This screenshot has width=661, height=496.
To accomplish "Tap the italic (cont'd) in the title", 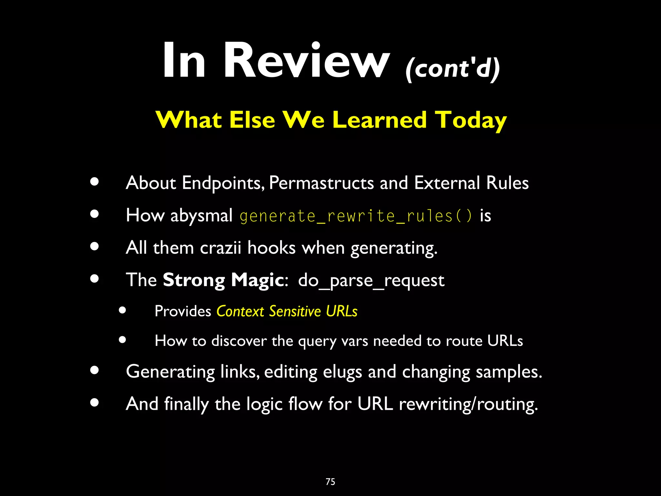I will pos(453,68).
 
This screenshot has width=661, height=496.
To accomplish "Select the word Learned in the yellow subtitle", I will pos(379,120).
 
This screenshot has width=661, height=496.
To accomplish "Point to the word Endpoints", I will pos(223,183).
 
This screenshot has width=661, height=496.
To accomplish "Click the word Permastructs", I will pos(321,183).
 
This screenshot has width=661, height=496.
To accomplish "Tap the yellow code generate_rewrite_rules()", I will pos(356,216).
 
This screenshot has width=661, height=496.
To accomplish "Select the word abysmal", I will pos(201,216).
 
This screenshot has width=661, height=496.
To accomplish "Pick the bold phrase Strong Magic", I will pos(223,280).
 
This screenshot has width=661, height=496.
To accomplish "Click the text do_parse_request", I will pos(371,280).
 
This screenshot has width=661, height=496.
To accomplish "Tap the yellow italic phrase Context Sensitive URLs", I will pos(287,311).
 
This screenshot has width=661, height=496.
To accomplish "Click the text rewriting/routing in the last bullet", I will pos(468,404).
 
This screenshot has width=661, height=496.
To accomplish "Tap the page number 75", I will pos(330,482).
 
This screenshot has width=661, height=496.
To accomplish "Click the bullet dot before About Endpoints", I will pos(95,181).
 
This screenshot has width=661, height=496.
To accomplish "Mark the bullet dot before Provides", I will pos(122,310).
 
